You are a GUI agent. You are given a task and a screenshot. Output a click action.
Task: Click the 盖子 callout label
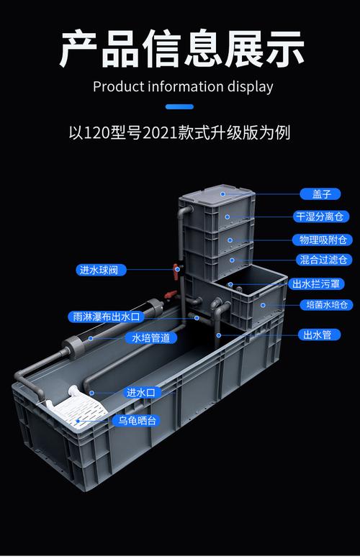coord(320,194)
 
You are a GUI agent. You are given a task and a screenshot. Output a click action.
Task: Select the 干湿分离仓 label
coord(320,217)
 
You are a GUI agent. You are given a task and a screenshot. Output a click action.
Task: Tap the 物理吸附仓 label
coord(322,240)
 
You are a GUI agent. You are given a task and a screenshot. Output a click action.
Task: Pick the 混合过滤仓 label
coord(323,260)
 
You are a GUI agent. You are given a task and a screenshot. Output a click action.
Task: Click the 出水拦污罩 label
coord(316,284)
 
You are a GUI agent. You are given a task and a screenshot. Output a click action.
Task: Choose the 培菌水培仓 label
coord(326,305)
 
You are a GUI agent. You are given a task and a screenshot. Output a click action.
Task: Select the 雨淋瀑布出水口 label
coord(107,317)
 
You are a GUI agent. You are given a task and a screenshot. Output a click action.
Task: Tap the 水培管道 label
coord(151,338)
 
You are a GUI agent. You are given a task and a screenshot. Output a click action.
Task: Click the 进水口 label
coord(141,393)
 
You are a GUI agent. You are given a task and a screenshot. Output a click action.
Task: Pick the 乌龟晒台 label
coord(137,421)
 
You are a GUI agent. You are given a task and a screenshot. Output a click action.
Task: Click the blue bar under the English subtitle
coord(179,106)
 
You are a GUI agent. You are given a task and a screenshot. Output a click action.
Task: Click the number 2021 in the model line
coord(160,133)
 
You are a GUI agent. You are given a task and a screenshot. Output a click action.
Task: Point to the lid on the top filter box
coord(217,195)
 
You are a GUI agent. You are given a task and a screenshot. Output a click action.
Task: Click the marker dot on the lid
coord(222,194)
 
